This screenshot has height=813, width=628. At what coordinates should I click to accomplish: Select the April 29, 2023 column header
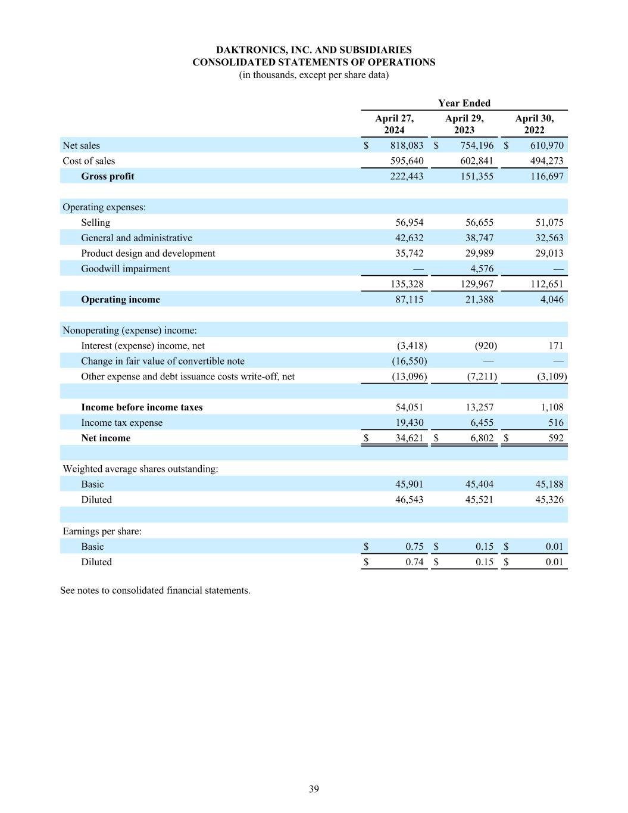(x=464, y=124)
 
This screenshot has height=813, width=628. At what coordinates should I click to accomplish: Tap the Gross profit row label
(x=108, y=176)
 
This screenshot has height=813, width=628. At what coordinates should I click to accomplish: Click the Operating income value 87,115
(x=409, y=300)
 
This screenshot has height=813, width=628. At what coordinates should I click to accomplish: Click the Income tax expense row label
(x=121, y=423)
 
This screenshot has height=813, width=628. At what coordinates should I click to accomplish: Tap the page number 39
(x=314, y=789)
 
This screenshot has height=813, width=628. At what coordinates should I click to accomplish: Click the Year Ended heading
(x=464, y=103)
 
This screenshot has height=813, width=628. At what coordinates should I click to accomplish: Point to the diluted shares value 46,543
(x=409, y=500)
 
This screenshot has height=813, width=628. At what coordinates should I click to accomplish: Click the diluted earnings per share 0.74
(x=414, y=562)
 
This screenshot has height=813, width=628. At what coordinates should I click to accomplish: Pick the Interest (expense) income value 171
(x=556, y=345)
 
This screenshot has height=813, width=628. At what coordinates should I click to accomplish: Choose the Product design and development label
(x=148, y=253)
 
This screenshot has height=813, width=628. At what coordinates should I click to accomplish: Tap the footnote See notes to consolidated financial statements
(x=155, y=590)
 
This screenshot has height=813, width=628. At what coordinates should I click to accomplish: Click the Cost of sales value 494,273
(x=546, y=161)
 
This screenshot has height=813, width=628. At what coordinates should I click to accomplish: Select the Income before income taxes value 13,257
(x=479, y=407)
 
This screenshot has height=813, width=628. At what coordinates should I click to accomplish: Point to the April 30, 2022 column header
(x=534, y=124)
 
